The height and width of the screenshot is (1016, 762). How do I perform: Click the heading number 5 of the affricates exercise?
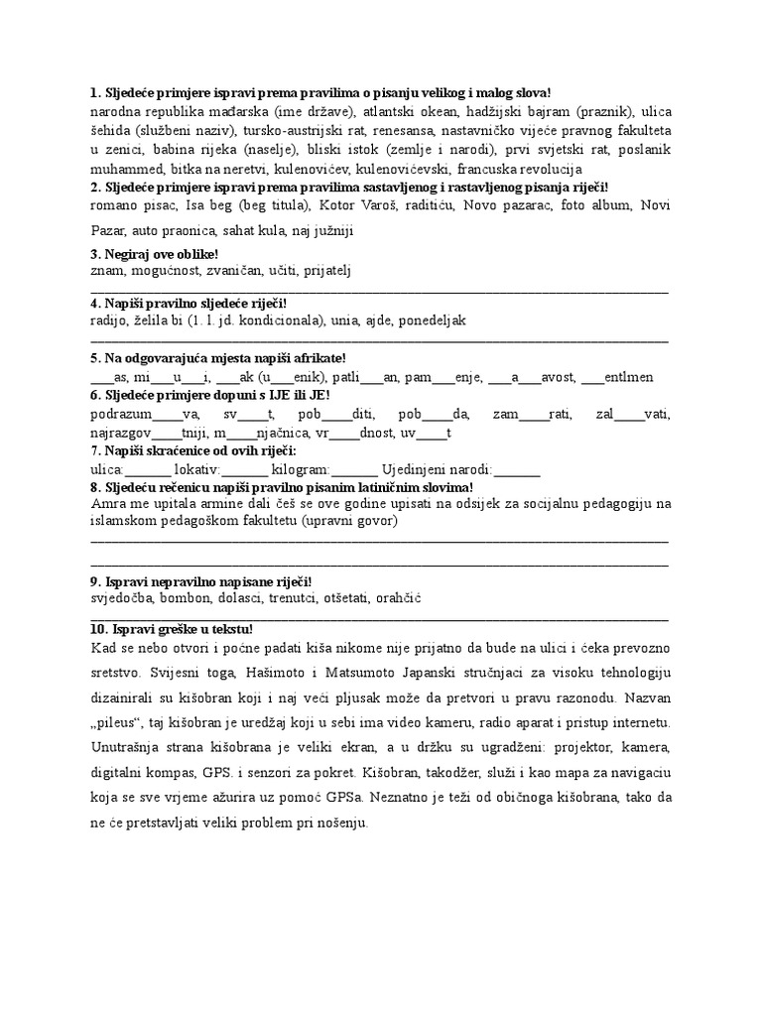pyautogui.click(x=94, y=357)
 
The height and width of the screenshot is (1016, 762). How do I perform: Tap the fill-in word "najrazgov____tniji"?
pyautogui.click(x=149, y=433)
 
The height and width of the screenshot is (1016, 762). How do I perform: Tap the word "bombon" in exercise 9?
pyautogui.click(x=182, y=597)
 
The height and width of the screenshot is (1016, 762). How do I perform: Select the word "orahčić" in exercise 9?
pyautogui.click(x=399, y=597)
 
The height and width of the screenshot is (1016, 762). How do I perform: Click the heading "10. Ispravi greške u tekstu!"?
pyautogui.click(x=171, y=629)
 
